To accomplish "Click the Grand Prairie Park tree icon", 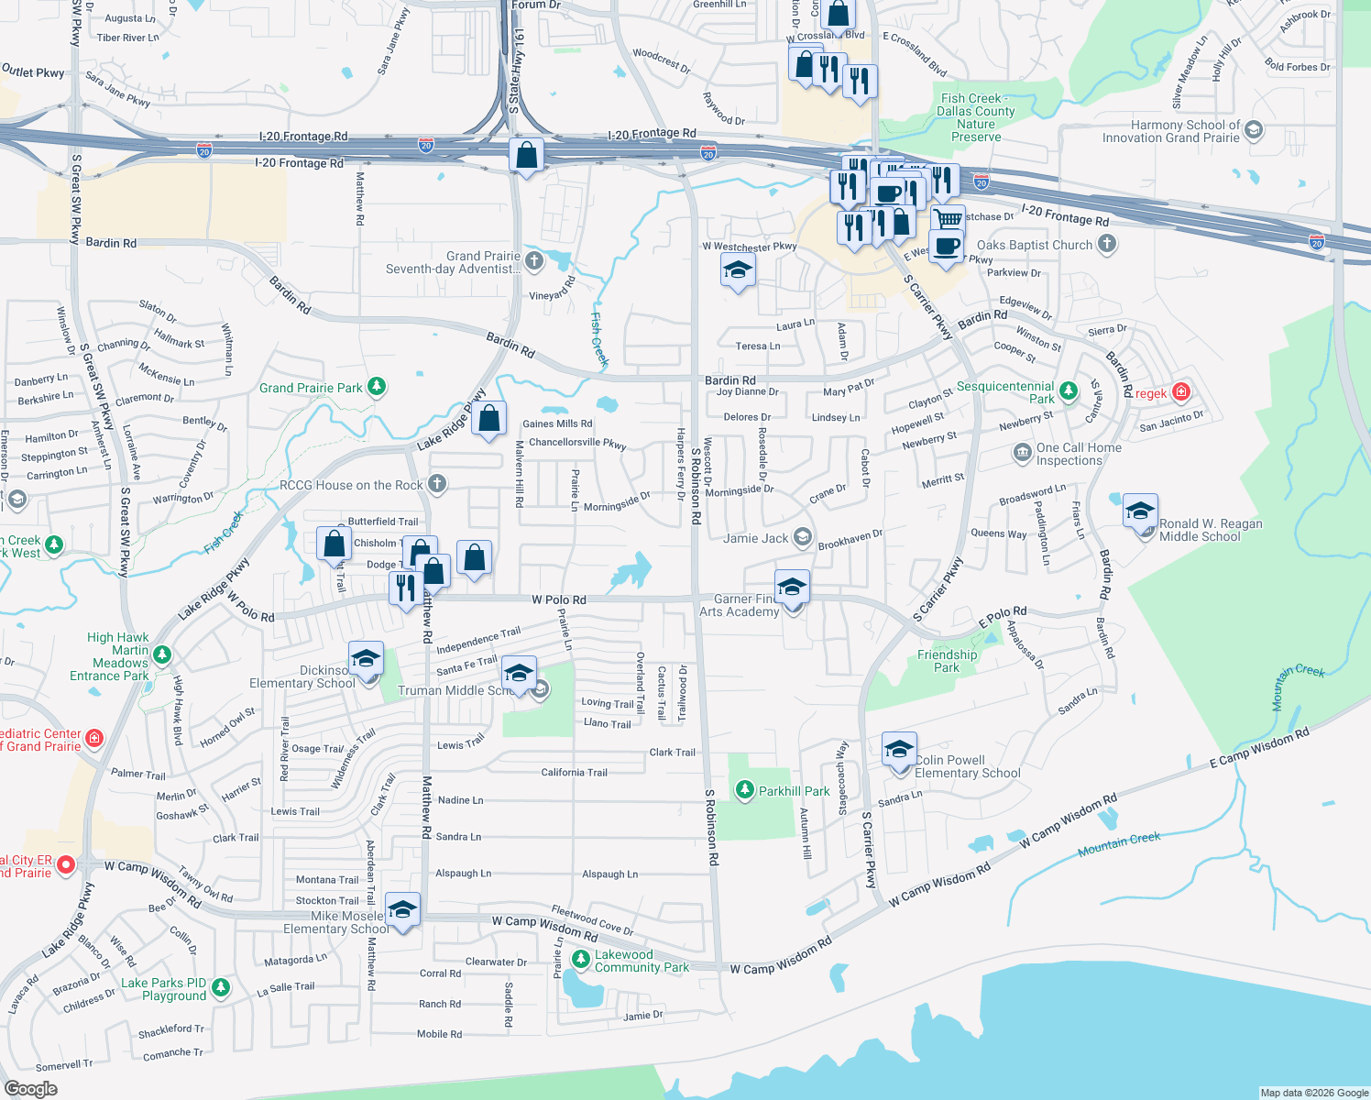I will coord(377,387).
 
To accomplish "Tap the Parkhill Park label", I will coord(794,791).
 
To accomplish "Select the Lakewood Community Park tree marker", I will coord(580,959).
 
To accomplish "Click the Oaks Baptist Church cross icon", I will coord(1107,244).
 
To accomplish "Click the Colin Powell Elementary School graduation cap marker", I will coord(899,750).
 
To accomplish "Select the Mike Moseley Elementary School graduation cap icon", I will coord(402,909).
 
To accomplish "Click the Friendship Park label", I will coord(947,661).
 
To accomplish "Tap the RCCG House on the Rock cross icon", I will coord(437,484).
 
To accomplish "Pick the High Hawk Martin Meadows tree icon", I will coord(162,654).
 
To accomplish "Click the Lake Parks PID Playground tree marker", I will coord(220,987).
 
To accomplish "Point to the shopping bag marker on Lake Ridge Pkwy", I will coord(489,419).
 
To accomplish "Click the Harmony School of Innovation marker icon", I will coord(1254,130).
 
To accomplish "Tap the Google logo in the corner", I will coord(31,1088).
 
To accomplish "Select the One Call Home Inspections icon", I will coord(1022,453).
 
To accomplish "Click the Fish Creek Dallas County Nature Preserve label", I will coord(976,117).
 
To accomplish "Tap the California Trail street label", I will coord(574,772).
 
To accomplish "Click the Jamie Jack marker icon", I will coord(803,537).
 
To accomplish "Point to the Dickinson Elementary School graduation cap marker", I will coord(366,658).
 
